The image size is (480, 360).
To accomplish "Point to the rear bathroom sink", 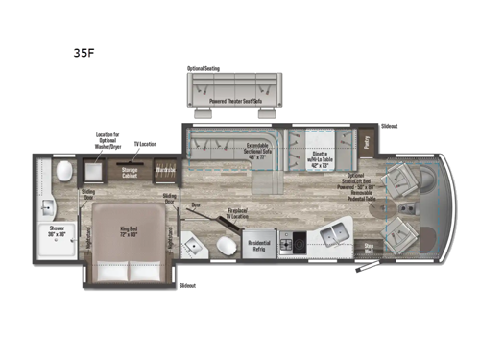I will (49, 207).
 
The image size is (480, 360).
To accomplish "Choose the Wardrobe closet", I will (166, 173).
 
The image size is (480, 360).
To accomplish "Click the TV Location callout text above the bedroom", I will (145, 143).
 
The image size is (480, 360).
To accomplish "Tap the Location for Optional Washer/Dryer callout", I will (108, 140).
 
